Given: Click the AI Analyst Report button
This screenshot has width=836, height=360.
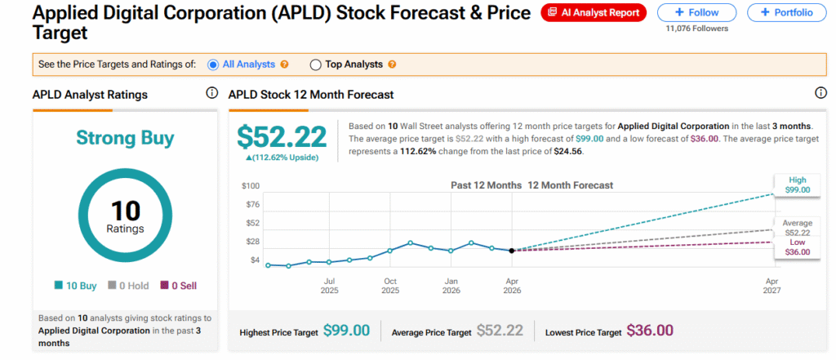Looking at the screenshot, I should point(594,12).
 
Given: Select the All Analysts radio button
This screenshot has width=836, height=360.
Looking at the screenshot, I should point(213,64).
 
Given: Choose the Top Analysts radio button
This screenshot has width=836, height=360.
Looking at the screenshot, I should point(316,64).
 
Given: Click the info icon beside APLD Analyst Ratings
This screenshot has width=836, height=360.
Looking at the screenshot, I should point(211,94).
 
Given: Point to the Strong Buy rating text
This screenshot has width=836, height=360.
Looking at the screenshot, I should point(125,138).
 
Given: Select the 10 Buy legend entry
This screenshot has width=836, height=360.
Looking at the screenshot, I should point(77,286).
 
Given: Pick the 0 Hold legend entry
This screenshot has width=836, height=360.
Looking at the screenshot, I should point(129,286).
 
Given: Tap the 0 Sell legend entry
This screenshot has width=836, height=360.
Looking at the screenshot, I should point(180,286).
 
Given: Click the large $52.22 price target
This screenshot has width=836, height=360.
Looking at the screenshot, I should point(282,136).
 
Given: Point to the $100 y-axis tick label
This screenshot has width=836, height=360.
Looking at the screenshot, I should point(250,186).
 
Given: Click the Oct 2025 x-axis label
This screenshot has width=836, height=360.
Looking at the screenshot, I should point(390,286).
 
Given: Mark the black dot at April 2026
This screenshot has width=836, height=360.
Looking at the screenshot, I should point(512,251).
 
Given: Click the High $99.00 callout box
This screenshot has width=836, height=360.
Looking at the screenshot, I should point(796,184).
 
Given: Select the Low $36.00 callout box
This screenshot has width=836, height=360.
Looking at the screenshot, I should point(796,247).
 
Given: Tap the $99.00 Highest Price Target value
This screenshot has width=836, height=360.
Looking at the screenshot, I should point(346,331).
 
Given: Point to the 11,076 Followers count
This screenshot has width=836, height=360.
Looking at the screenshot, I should point(696,29).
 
